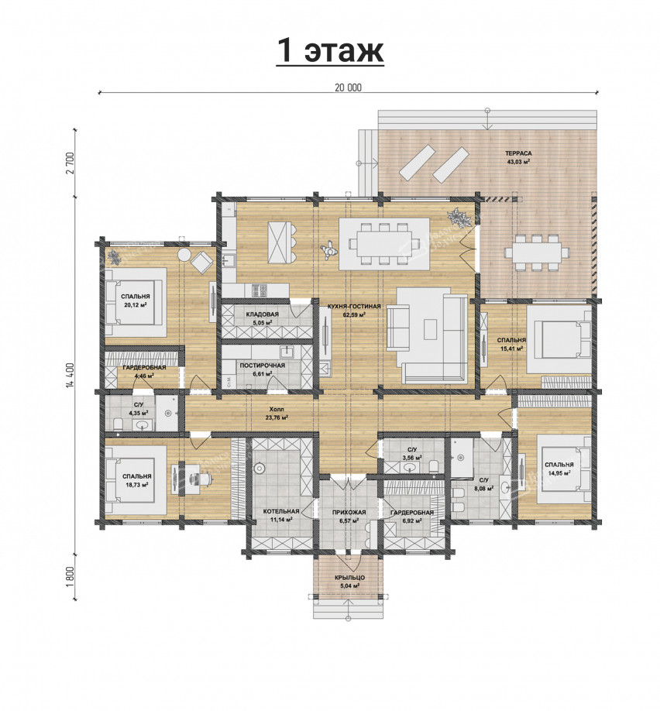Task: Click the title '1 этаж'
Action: coord(330,51)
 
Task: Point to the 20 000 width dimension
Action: coord(349,88)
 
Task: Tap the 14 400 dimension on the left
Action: coord(70,375)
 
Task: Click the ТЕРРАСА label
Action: coord(519,153)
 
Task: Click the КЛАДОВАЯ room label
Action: coord(262,314)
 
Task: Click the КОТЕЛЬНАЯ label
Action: coord(280,512)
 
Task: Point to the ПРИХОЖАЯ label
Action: coord(349,513)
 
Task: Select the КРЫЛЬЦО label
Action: coord(349,578)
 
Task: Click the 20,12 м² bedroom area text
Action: coord(136,304)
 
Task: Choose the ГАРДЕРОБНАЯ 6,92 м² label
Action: coord(412,516)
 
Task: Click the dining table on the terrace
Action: coord(534,252)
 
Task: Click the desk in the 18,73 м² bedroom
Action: coord(182,479)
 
